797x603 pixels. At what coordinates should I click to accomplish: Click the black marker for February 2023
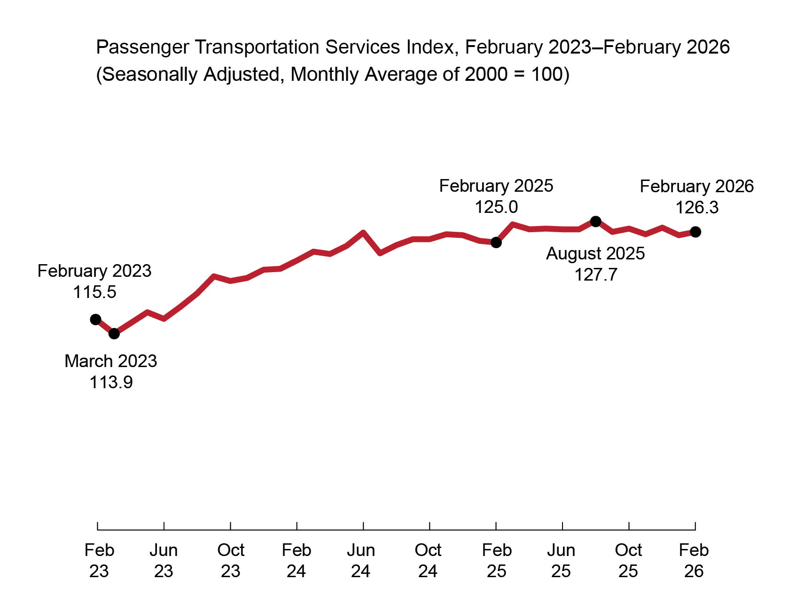coord(95,320)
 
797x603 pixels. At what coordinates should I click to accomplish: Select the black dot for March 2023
coord(114,334)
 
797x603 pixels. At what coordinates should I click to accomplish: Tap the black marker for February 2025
coord(496,243)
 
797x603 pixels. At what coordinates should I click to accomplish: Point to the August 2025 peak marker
coord(595,221)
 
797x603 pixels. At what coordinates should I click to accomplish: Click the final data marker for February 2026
coord(695,232)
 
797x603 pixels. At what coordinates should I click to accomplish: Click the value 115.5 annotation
coord(94,292)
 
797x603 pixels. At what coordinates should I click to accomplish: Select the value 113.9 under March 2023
coord(111,383)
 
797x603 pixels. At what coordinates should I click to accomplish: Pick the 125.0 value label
coord(496,207)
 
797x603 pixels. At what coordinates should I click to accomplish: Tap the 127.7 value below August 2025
coord(595,275)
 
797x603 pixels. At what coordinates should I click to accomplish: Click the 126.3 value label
coord(696,208)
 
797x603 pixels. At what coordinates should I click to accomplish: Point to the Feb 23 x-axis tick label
coord(99,561)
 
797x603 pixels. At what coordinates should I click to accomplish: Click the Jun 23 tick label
coord(164,561)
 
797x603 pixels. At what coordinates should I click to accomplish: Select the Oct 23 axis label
coord(230,561)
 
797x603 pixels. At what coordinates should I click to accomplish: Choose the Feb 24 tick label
coord(297,561)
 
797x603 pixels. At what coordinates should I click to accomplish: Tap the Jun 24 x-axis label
coord(361,561)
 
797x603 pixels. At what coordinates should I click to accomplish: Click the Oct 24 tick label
coord(428,561)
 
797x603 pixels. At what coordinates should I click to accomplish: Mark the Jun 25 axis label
coord(561,561)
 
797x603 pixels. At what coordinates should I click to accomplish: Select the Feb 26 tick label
coord(694,561)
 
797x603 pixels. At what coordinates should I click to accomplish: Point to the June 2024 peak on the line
coord(363,232)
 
